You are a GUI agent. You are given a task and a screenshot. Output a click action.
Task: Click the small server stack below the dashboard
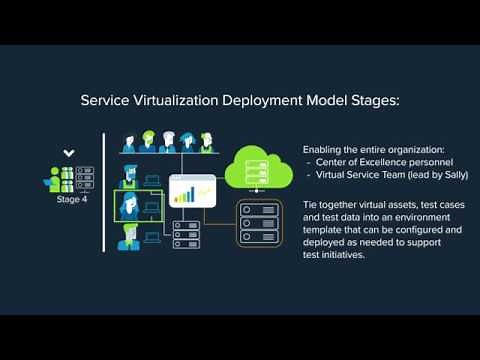pos(186,235)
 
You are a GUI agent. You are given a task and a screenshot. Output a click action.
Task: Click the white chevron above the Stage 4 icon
pos(68,153)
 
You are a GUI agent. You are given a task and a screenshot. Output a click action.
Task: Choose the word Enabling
pos(322,149)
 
